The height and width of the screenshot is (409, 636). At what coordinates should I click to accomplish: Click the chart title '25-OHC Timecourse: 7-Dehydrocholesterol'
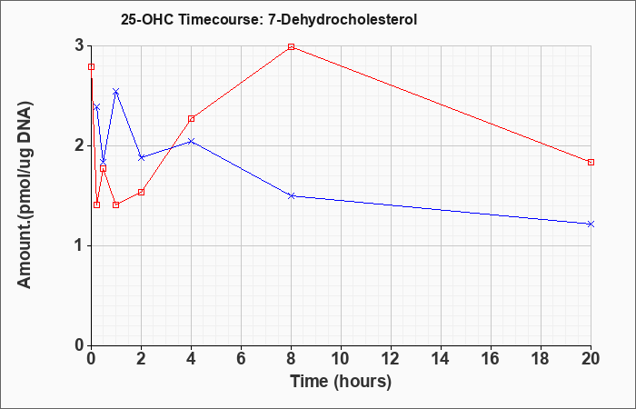269,19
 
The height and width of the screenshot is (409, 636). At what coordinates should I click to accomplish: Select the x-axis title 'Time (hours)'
341,382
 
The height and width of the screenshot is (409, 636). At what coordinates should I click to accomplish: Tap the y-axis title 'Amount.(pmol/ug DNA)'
25,195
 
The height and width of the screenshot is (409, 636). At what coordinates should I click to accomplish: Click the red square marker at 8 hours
292,46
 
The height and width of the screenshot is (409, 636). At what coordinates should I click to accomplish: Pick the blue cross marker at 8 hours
292,196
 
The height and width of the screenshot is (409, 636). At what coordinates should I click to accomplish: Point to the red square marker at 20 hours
591,163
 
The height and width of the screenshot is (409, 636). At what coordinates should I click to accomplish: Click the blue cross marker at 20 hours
591,224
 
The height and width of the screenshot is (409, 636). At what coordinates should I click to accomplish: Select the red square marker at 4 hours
192,119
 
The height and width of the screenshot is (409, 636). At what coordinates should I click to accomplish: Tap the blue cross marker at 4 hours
192,141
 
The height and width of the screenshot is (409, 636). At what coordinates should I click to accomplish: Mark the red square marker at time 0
91,67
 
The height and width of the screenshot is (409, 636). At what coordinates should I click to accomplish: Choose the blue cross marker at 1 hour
116,92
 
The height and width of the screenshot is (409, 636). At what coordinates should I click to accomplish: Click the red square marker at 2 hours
141,192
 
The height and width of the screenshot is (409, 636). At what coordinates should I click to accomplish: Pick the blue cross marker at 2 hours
141,157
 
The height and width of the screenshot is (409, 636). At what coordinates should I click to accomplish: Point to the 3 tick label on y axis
80,45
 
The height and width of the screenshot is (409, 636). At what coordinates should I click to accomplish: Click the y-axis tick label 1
80,246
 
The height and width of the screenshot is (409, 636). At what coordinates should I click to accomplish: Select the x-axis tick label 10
341,359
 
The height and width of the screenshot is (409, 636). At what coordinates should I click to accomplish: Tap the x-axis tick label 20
591,359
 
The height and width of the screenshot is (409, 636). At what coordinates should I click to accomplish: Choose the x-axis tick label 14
441,359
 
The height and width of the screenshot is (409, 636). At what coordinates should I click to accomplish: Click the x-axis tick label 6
241,359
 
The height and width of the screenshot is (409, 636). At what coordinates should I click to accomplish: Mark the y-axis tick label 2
80,145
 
